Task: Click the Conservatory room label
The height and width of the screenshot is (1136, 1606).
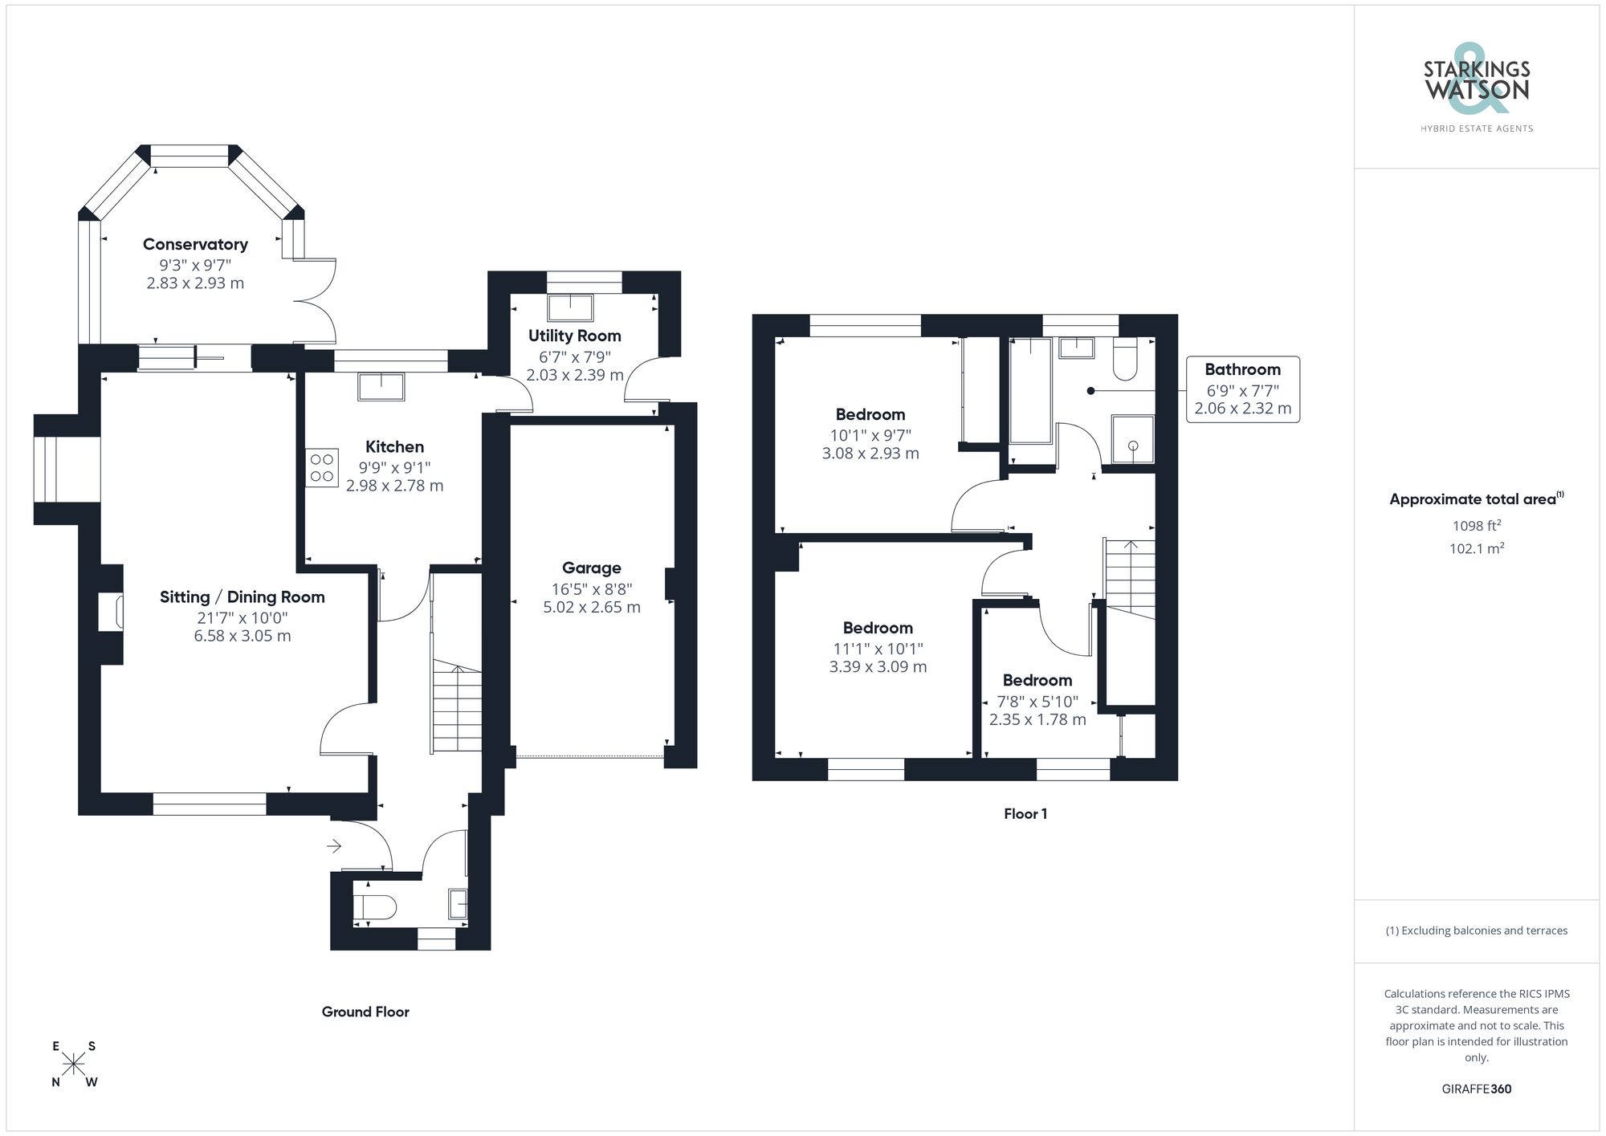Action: pyautogui.click(x=195, y=244)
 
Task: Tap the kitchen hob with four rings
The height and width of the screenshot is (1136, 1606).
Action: pyautogui.click(x=321, y=468)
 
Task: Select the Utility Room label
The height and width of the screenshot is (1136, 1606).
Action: pyautogui.click(x=574, y=336)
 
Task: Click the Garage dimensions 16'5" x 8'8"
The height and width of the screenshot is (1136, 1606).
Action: pyautogui.click(x=592, y=588)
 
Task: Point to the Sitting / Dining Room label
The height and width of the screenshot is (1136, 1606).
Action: pyautogui.click(x=242, y=597)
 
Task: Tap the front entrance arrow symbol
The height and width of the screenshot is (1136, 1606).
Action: pyautogui.click(x=334, y=845)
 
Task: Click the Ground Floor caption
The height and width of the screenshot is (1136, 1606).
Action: pyautogui.click(x=365, y=1012)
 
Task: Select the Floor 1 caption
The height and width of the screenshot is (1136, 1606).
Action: pyautogui.click(x=1025, y=813)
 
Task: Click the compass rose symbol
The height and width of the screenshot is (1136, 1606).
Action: pyautogui.click(x=74, y=1064)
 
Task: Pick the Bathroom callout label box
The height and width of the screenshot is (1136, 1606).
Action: pyautogui.click(x=1242, y=389)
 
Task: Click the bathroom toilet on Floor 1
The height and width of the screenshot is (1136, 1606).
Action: pyautogui.click(x=1125, y=359)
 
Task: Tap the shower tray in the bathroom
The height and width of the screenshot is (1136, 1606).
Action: pyautogui.click(x=1132, y=439)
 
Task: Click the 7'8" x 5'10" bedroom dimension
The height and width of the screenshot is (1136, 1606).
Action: pyautogui.click(x=1037, y=702)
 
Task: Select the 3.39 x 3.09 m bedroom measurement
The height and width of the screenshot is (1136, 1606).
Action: pyautogui.click(x=878, y=666)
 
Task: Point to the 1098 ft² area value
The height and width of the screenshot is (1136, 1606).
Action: pyautogui.click(x=1476, y=526)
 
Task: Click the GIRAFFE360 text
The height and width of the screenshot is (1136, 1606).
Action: pyautogui.click(x=1476, y=1089)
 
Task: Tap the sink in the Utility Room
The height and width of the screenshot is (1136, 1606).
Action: pyautogui.click(x=571, y=308)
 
